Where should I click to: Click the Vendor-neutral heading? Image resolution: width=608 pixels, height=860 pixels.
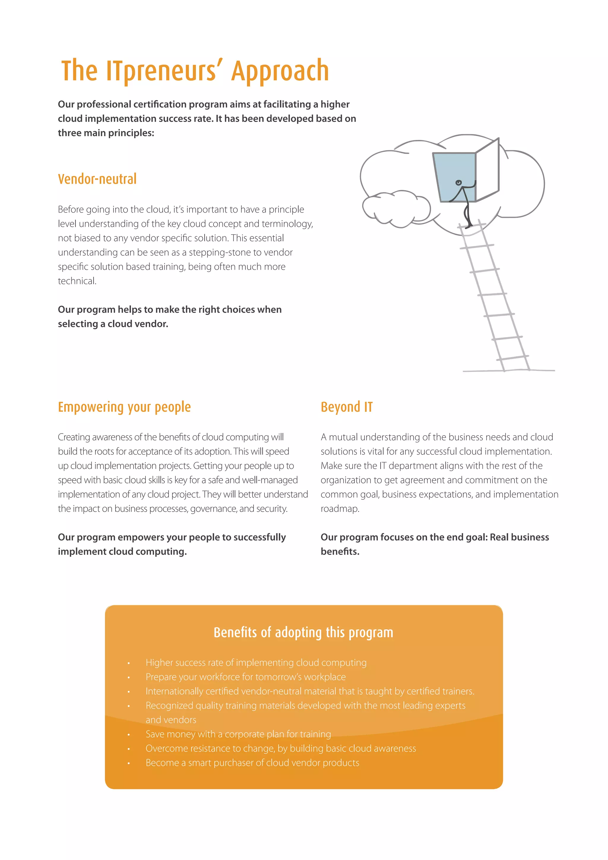(x=97, y=179)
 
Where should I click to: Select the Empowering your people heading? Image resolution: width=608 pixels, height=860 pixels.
(x=124, y=407)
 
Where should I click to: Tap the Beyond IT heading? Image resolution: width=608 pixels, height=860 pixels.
(x=346, y=407)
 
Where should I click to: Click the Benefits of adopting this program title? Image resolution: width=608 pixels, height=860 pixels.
(x=303, y=632)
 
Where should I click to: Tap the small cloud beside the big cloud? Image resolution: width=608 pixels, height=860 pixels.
(x=396, y=208)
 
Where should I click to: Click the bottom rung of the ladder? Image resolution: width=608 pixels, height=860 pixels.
(x=513, y=358)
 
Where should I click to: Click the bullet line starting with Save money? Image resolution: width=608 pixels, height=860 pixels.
(x=238, y=734)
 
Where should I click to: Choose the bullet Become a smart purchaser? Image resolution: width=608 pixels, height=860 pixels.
(x=252, y=763)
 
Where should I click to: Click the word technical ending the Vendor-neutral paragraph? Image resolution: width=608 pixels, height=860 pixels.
(x=77, y=281)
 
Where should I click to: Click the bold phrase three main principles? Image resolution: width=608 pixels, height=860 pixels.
(x=106, y=133)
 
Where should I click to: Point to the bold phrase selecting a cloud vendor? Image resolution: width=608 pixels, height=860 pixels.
(x=113, y=324)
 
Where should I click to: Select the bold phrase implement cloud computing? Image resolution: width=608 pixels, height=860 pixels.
(x=122, y=552)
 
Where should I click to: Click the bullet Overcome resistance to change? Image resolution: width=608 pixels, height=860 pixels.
(x=281, y=748)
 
